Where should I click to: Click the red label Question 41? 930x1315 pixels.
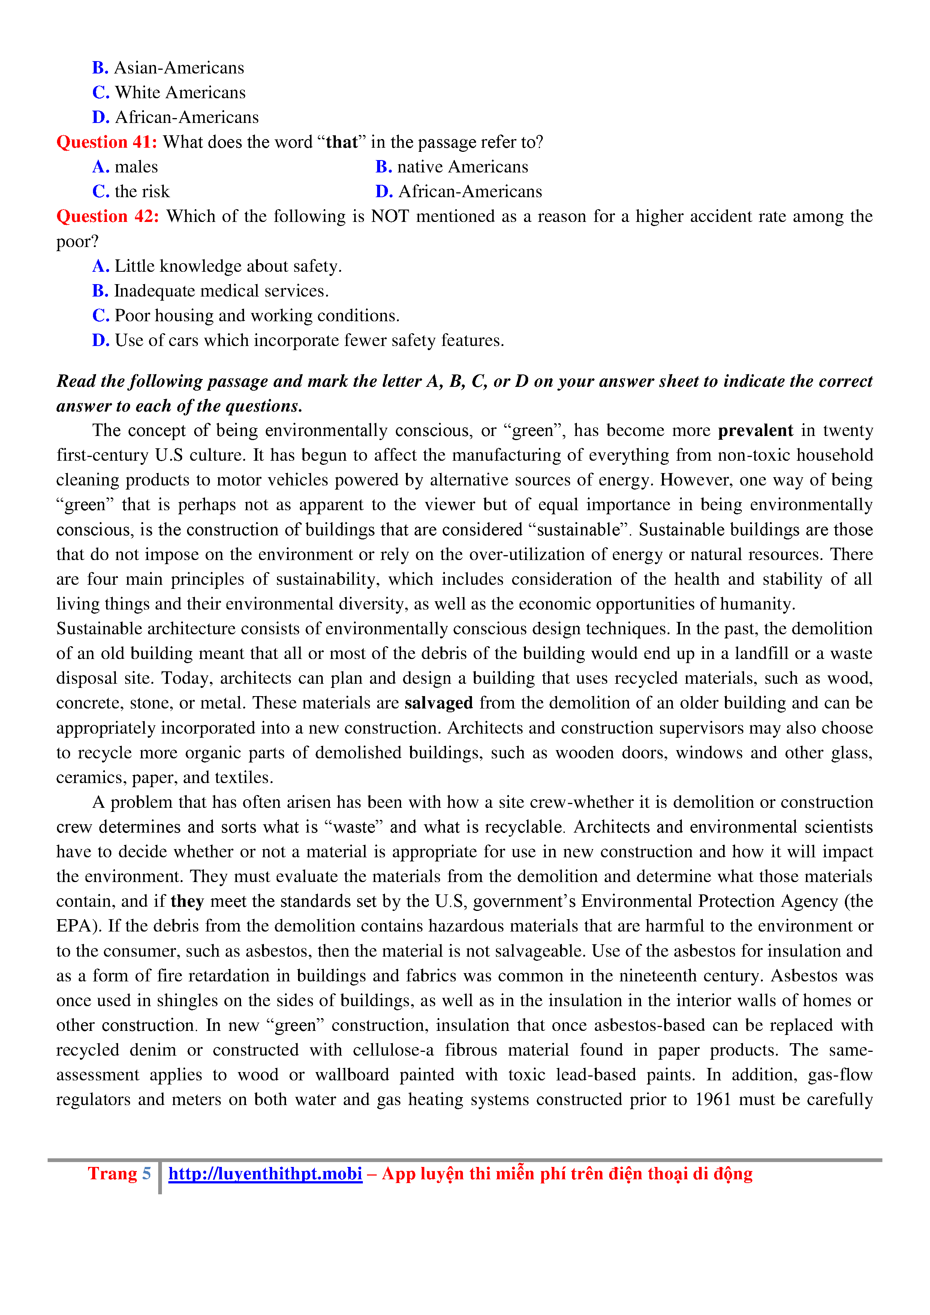click(106, 142)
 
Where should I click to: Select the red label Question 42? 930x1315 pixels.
click(108, 217)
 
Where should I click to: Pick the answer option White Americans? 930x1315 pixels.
click(180, 93)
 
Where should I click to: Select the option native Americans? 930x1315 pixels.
click(462, 167)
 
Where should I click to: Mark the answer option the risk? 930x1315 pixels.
click(142, 191)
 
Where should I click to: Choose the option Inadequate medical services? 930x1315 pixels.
click(221, 291)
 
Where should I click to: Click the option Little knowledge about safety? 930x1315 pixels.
click(228, 266)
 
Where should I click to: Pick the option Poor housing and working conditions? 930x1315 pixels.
click(256, 316)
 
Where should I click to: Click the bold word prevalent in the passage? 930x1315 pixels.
click(755, 430)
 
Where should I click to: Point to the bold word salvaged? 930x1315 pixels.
click(439, 703)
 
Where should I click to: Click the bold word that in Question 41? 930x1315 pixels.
click(342, 142)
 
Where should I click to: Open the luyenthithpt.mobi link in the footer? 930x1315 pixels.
click(265, 1174)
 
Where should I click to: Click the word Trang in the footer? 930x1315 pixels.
click(112, 1174)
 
